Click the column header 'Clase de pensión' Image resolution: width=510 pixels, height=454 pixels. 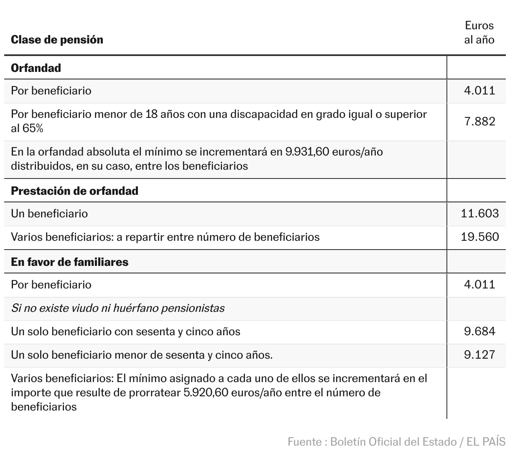(57, 40)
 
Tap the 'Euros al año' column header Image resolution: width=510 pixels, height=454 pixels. (479, 33)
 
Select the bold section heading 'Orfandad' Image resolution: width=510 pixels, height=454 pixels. (36, 68)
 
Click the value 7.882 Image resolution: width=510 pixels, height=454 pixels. (479, 121)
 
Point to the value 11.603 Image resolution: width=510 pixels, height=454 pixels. (479, 214)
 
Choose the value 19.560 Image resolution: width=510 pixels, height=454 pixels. (479, 237)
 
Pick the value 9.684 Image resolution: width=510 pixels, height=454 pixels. (479, 332)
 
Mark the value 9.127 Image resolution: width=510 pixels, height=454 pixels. (479, 355)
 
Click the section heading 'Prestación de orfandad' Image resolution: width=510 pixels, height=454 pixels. (74, 191)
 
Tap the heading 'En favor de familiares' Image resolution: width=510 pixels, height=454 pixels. (69, 262)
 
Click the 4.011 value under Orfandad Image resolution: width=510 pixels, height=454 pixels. (479, 91)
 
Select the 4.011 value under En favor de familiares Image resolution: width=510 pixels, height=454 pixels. (479, 285)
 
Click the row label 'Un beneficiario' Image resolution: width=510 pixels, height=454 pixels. (49, 214)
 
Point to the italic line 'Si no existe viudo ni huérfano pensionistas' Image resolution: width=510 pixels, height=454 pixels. (117, 308)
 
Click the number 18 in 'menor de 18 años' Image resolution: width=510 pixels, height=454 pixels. (151, 114)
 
